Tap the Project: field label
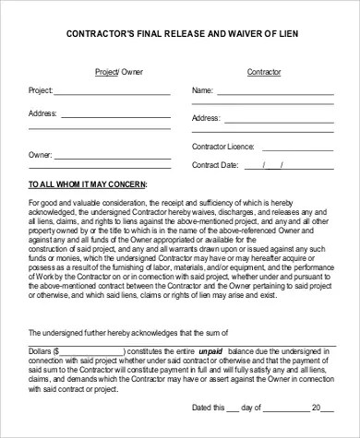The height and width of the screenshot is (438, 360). [41, 91]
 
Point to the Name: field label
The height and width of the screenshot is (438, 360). [202, 91]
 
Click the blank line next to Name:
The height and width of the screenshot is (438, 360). [278, 93]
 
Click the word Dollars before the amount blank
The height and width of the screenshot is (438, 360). [42, 350]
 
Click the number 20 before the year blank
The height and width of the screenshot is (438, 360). [315, 408]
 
